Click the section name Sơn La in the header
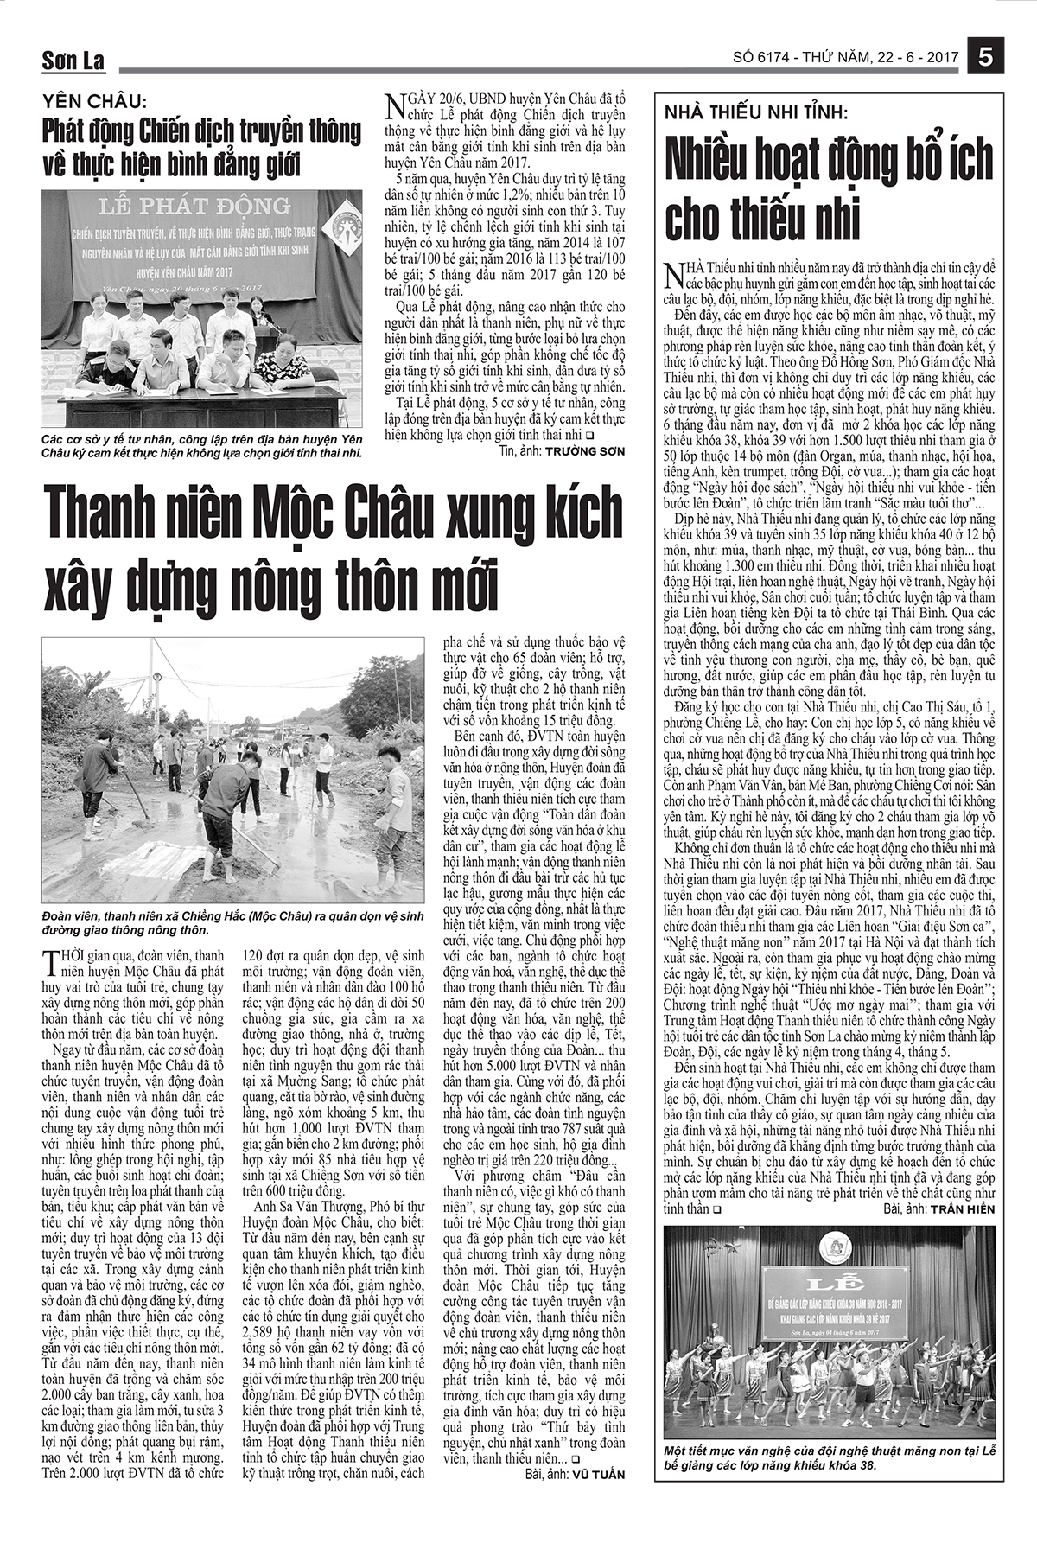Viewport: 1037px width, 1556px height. tap(73, 61)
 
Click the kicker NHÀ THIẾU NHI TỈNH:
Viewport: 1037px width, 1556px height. tap(755, 112)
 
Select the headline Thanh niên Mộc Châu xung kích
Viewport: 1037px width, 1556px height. tap(333, 514)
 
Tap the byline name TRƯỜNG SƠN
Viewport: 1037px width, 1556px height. tap(584, 451)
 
